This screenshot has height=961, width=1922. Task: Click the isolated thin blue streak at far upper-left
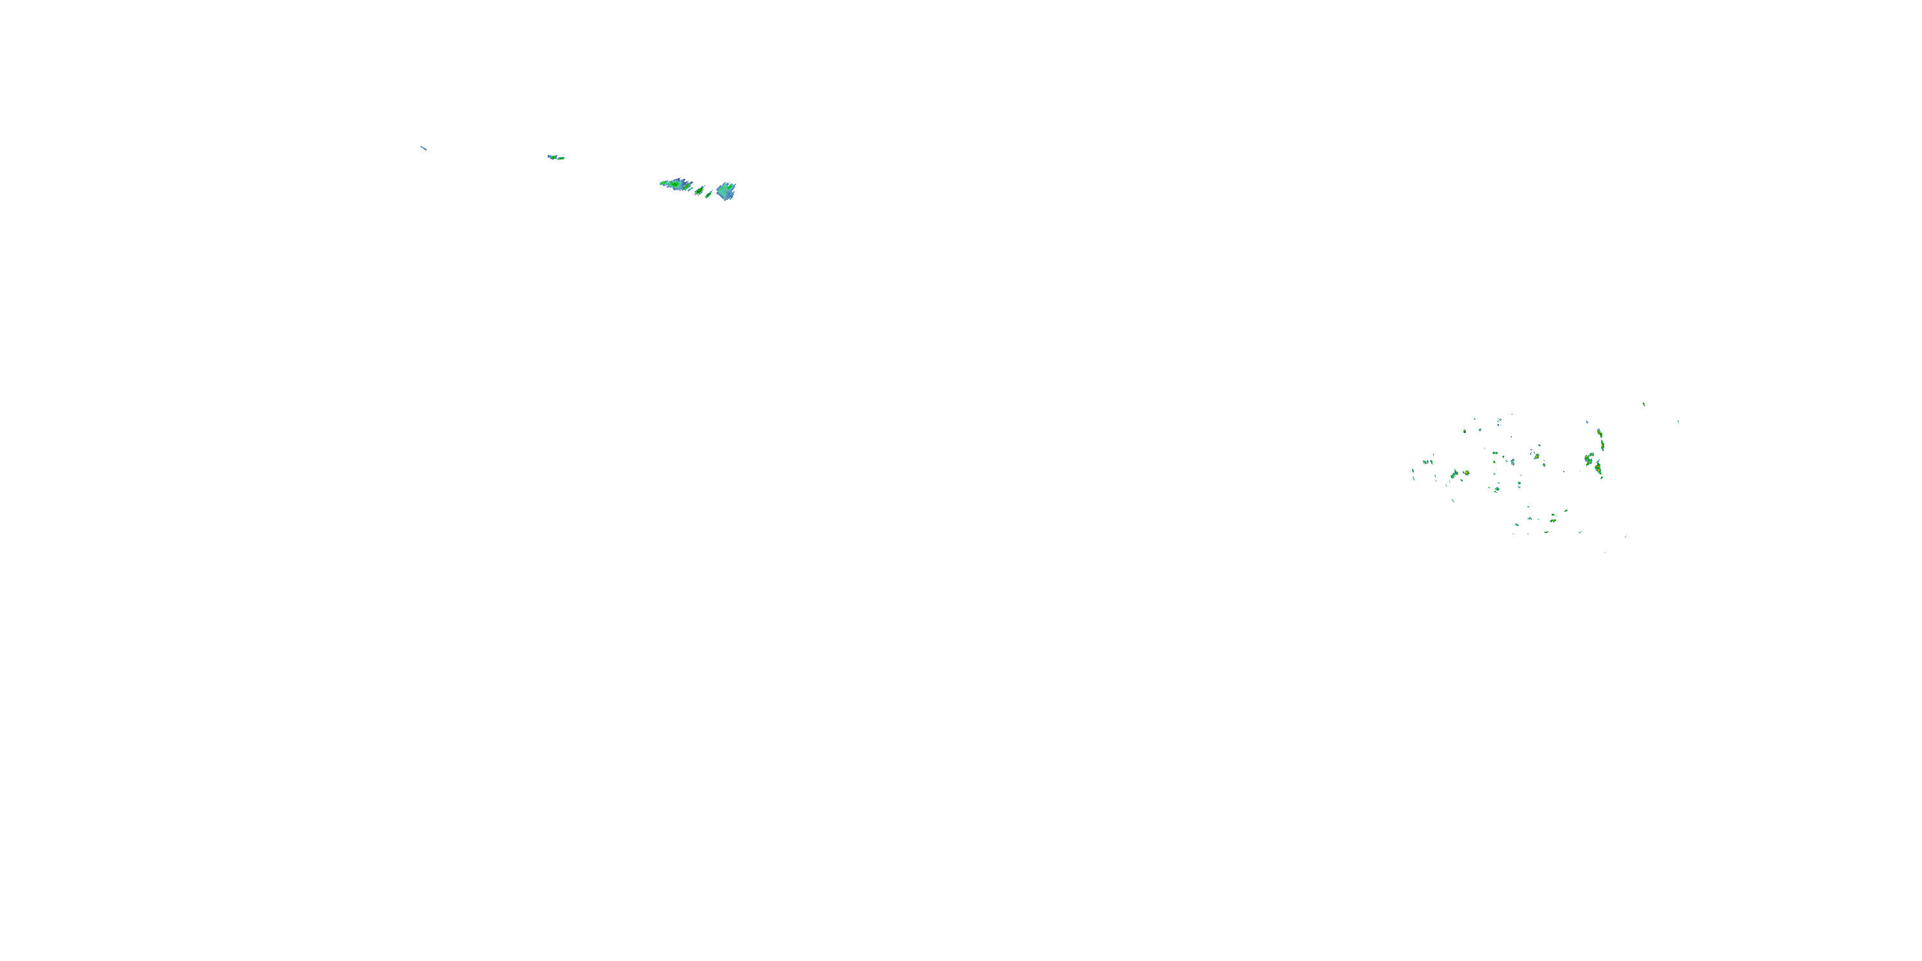[423, 148]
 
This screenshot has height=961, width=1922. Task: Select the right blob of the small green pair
[562, 159]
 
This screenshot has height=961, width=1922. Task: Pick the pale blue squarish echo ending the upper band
[726, 191]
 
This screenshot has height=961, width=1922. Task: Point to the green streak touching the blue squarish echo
[709, 195]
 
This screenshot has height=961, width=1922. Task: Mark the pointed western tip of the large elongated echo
[661, 183]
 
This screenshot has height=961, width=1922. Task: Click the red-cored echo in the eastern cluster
[1600, 432]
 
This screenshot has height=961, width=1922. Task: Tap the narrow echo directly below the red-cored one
[1603, 446]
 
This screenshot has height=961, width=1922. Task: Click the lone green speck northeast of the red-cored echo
[1644, 404]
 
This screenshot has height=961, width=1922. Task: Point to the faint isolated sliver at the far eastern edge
[1678, 422]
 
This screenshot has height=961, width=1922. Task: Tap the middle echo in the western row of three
[1428, 462]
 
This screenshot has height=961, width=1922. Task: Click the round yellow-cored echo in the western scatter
[1467, 473]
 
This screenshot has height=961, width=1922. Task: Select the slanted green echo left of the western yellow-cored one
[1455, 475]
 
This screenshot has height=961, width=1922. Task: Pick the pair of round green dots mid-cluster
[1495, 454]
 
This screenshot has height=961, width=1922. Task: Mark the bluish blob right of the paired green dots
[1513, 462]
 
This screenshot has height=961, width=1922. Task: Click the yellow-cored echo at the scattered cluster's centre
[1537, 457]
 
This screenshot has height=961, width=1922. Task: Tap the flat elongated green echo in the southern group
[1554, 521]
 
